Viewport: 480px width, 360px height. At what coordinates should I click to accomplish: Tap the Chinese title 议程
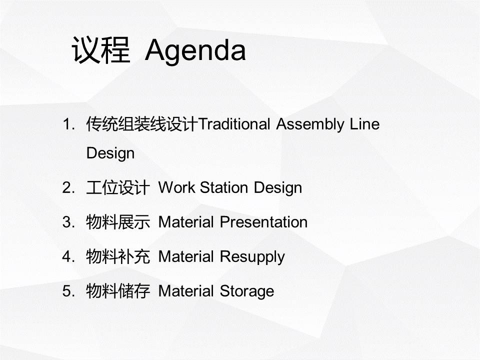101,50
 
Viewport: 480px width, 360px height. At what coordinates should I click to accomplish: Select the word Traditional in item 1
234,124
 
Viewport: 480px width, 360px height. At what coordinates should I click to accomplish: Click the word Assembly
310,125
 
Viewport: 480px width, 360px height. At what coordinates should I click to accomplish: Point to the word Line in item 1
365,124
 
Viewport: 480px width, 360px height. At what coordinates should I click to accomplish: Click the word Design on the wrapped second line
110,153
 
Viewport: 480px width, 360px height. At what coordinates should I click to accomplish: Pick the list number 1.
68,124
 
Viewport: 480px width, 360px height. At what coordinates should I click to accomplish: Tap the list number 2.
68,187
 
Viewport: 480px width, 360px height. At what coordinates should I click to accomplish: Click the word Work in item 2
176,187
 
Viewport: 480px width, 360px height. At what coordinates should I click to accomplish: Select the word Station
224,187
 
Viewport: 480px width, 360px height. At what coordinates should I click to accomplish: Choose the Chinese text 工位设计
118,187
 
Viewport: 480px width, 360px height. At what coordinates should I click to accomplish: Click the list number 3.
68,222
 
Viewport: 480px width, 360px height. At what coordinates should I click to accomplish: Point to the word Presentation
264,222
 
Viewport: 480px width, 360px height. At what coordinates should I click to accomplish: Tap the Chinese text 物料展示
118,222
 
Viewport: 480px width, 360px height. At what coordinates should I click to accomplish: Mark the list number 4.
68,256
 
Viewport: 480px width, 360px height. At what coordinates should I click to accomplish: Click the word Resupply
252,257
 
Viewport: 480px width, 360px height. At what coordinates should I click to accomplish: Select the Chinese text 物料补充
118,256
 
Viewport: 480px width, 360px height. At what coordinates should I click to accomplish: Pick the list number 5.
68,291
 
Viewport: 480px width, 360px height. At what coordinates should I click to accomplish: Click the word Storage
247,291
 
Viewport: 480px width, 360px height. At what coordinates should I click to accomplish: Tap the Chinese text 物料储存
118,291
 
